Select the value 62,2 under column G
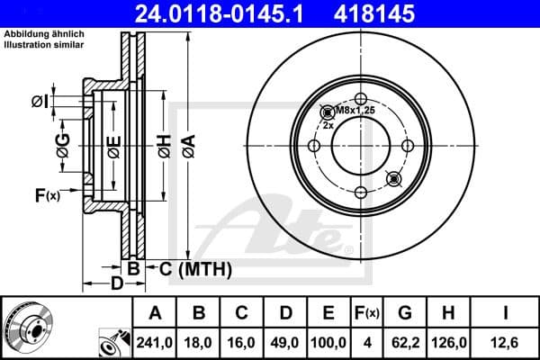[x=406, y=343]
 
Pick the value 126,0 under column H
[x=450, y=343]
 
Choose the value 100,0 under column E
[x=328, y=343]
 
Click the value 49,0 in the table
[x=285, y=343]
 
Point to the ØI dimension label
[x=40, y=102]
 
